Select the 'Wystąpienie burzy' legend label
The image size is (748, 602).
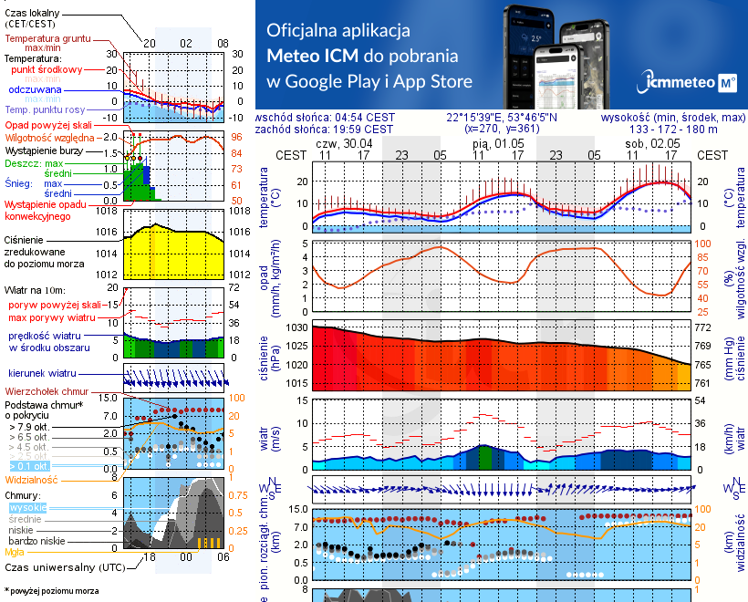click(46, 150)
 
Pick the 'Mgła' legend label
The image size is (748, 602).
click(15, 552)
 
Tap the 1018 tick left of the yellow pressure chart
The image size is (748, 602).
click(109, 211)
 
